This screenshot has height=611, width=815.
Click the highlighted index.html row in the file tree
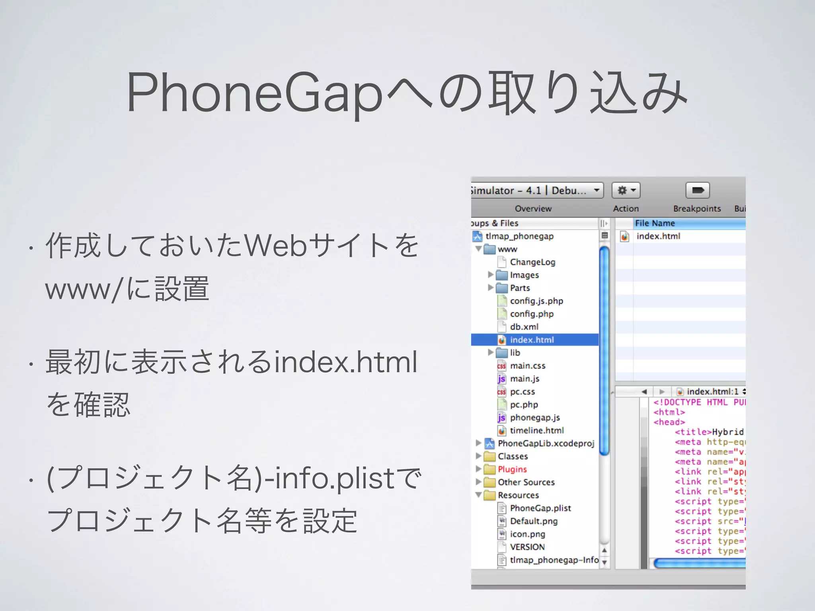coord(532,340)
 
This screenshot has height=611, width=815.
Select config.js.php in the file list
coord(536,301)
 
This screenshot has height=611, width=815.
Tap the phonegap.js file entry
coord(535,418)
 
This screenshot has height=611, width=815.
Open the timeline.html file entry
coord(537,430)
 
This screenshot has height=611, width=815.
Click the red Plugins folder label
coord(512,469)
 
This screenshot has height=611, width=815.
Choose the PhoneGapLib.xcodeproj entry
coord(546,444)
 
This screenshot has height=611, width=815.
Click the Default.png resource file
coord(534,521)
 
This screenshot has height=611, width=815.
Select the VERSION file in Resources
coord(527,547)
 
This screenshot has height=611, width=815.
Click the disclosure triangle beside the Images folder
coord(491,274)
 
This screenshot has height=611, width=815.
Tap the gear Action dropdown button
coord(626,191)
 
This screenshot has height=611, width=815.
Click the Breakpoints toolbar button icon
coord(698,191)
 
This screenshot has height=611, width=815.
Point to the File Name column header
coord(655,223)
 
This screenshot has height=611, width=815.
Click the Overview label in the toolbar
coord(533,209)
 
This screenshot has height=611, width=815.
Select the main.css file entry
coord(528,366)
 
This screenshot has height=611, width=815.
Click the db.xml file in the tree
coord(524,327)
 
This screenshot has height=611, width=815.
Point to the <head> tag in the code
coord(669,422)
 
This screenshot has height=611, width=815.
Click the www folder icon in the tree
coord(489,249)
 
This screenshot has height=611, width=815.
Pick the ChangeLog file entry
coord(532,262)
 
